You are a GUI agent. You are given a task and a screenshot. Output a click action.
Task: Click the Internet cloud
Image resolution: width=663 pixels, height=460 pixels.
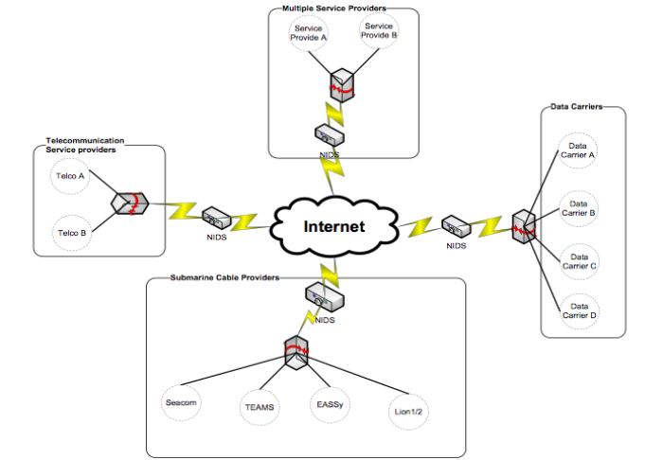point(332,227)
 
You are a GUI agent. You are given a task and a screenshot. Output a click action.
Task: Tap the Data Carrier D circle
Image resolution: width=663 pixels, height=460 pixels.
point(578,310)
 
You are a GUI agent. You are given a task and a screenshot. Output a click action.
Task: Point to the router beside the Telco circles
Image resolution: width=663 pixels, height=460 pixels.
point(129,203)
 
